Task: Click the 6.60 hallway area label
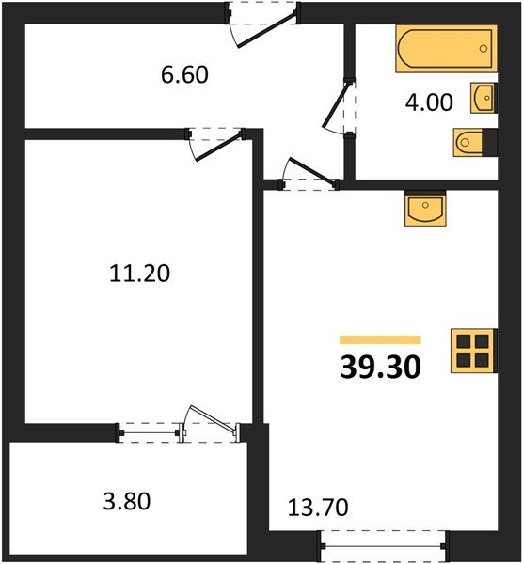tap(184, 75)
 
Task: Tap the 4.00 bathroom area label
tap(429, 102)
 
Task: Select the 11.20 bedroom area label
tap(139, 274)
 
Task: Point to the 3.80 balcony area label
tap(127, 501)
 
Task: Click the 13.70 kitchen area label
tap(318, 508)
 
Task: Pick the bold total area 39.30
tap(380, 367)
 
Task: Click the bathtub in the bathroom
tap(446, 49)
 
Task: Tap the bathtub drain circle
tap(483, 48)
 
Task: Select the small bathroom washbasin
tap(483, 98)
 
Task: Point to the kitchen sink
tap(425, 209)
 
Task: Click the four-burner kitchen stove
tap(473, 351)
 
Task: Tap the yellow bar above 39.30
tap(380, 340)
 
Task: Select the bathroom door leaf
tap(336, 104)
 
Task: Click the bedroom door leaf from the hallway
tap(218, 147)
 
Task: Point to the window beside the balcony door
tap(150, 433)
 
